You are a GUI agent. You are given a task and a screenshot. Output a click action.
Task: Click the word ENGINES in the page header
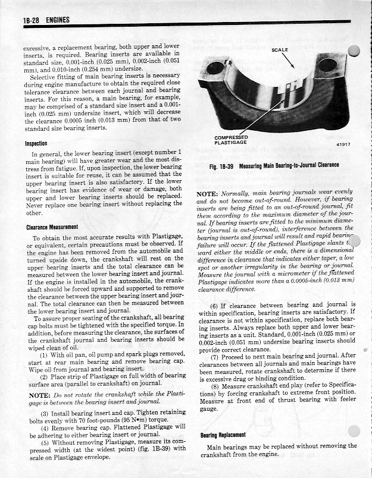pyautogui.click(x=57, y=21)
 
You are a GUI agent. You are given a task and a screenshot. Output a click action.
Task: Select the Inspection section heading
pyautogui.click(x=36, y=143)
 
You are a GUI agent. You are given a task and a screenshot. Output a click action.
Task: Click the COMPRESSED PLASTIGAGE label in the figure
pyautogui.click(x=230, y=140)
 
